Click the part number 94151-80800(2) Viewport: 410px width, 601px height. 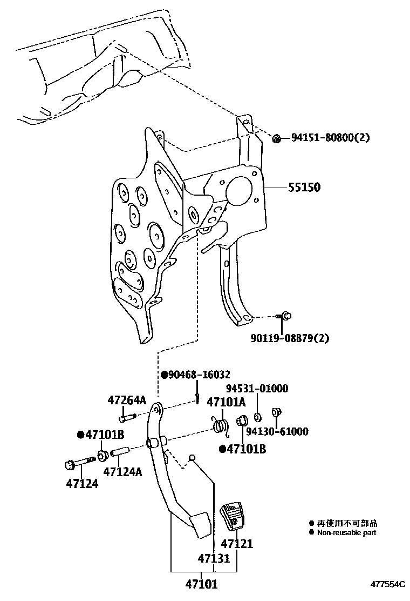(330, 138)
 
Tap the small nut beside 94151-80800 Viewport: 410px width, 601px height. (277, 139)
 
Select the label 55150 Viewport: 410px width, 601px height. (304, 188)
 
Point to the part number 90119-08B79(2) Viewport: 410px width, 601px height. (290, 338)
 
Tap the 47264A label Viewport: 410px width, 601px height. (127, 400)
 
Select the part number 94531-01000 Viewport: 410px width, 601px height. (257, 389)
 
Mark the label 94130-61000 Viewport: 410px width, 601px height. (277, 431)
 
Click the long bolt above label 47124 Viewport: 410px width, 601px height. (81, 462)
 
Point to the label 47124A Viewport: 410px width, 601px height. (122, 472)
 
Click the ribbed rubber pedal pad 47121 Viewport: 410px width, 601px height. (234, 517)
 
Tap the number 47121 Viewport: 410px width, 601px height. (237, 544)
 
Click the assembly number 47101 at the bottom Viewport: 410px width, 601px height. (202, 584)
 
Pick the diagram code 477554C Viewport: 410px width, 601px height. (387, 585)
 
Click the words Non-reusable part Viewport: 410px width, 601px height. (346, 532)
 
